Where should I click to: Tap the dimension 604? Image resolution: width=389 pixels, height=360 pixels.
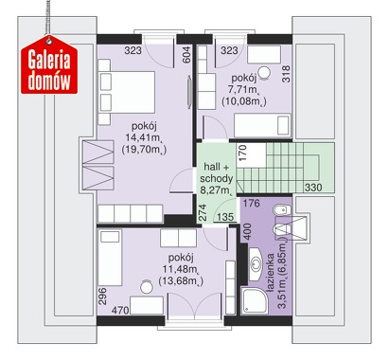[186, 55]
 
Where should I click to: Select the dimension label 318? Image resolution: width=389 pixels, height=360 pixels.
[286, 74]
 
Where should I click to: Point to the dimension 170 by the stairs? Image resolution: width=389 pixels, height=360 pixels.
[242, 153]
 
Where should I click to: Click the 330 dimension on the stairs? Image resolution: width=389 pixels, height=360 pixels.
[313, 188]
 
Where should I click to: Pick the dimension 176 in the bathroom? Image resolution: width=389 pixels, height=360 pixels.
[252, 204]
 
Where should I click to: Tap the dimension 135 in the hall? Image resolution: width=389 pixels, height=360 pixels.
[225, 217]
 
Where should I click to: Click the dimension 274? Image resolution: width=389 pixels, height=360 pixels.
[203, 212]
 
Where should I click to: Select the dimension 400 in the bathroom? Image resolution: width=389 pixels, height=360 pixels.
[248, 232]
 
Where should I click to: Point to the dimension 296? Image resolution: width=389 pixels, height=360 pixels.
[102, 296]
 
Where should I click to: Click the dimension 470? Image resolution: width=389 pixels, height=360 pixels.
[120, 310]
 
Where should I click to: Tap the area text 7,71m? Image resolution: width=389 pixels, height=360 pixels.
[243, 90]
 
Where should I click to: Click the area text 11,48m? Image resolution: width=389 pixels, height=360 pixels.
[181, 269]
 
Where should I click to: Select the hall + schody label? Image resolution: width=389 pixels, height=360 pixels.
[217, 172]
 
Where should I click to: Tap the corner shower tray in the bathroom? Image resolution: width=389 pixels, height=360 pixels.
[255, 301]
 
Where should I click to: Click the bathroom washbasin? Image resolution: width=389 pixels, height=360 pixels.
[256, 263]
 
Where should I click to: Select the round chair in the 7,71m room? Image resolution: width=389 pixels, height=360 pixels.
[264, 73]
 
